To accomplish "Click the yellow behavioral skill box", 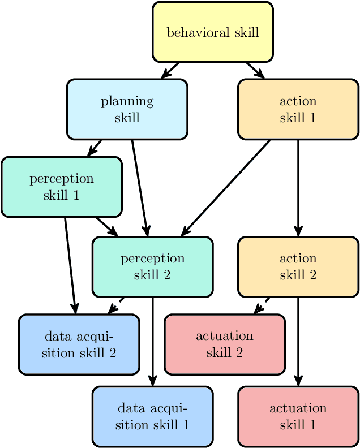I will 213,32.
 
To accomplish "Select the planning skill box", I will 127,109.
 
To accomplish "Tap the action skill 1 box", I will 298,109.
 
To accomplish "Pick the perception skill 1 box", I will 61,187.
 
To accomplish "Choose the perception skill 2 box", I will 152,266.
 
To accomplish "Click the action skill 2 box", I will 298,266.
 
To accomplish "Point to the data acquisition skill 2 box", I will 79,344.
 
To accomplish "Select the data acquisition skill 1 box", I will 152,416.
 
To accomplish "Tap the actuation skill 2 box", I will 224,344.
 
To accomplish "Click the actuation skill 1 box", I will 298,416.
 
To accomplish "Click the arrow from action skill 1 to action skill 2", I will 298,187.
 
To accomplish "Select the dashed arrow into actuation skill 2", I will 261,305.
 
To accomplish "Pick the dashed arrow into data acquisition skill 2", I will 116,305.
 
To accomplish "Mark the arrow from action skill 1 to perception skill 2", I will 226,187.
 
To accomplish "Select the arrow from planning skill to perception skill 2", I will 139,187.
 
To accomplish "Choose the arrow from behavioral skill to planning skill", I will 170,70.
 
